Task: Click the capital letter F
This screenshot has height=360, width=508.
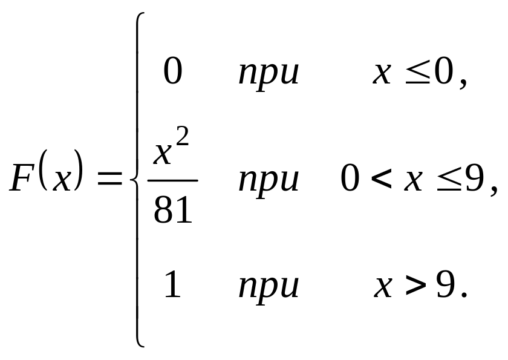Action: click(22, 180)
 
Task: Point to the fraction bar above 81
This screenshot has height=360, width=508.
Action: click(173, 180)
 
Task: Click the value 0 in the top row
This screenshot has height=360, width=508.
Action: click(173, 73)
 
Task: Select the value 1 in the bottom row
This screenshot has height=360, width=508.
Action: click(173, 286)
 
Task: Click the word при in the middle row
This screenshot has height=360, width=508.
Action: click(269, 181)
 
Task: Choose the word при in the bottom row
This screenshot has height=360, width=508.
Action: click(269, 287)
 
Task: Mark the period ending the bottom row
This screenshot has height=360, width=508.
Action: click(464, 296)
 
